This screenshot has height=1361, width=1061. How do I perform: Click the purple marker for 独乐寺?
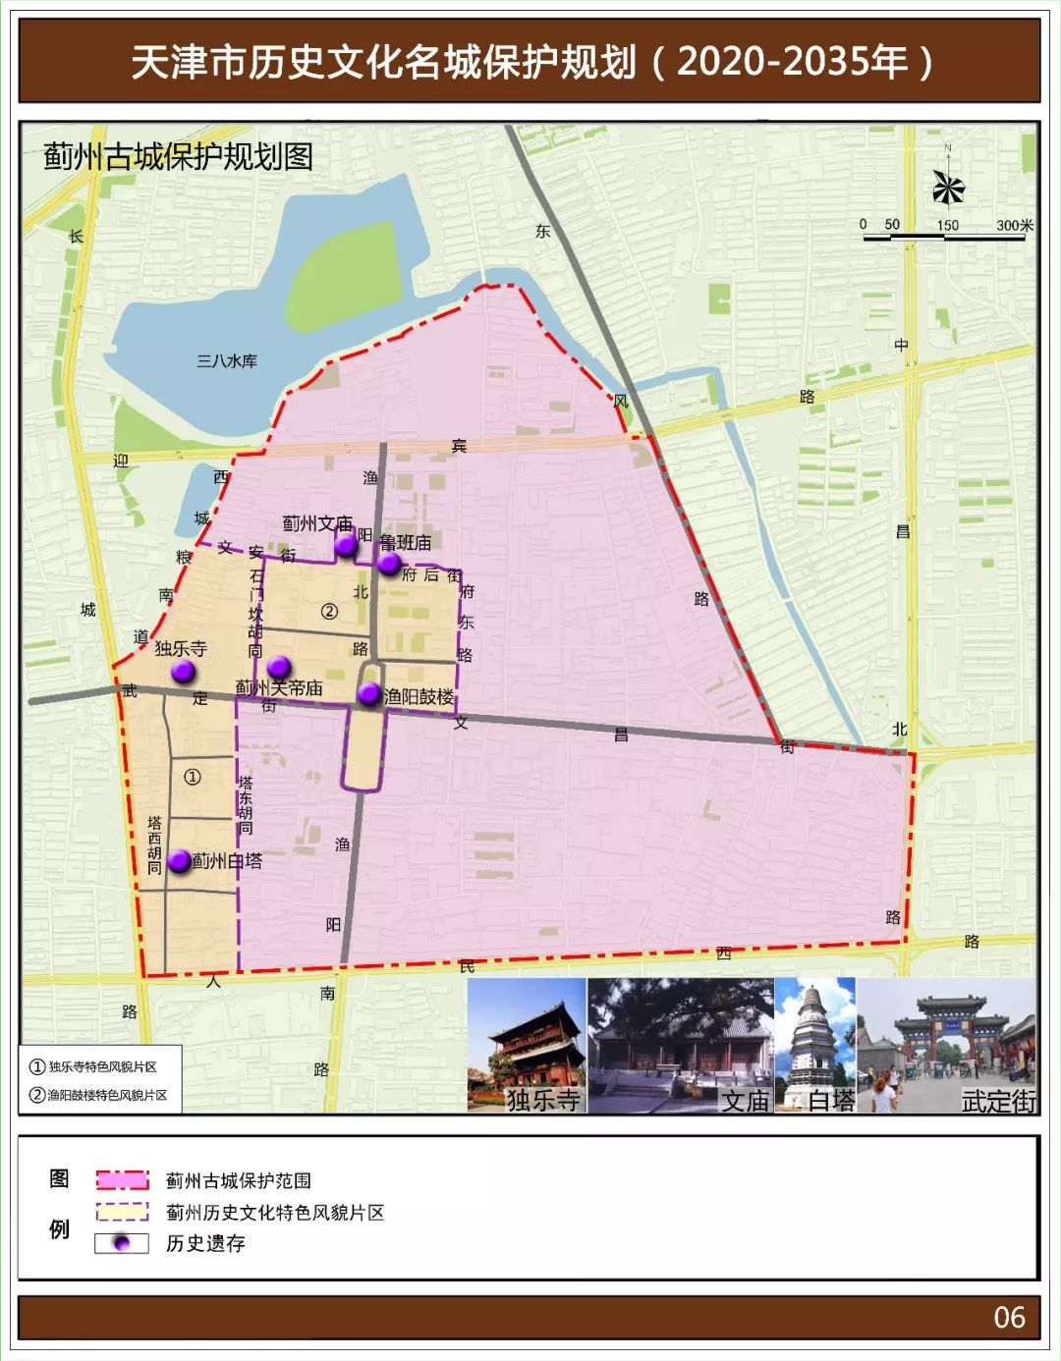click(x=182, y=672)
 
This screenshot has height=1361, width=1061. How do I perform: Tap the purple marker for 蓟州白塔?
click(x=179, y=861)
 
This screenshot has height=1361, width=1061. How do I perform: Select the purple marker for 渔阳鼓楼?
click(x=368, y=694)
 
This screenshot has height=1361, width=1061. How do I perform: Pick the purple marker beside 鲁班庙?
click(x=389, y=564)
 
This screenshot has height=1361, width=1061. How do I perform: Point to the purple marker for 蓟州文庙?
click(x=345, y=546)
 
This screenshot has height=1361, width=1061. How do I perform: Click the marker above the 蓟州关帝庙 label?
click(x=279, y=667)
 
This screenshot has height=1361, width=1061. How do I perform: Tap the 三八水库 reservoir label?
click(x=227, y=361)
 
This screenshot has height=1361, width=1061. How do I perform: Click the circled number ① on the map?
click(x=193, y=777)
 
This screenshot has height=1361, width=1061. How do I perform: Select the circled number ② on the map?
click(x=329, y=611)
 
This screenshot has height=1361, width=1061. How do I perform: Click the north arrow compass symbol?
click(x=948, y=186)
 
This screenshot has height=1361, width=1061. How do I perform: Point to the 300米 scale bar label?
click(x=1014, y=225)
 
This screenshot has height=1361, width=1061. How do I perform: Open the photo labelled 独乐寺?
click(x=527, y=1046)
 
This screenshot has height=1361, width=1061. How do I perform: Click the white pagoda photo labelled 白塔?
click(x=815, y=1046)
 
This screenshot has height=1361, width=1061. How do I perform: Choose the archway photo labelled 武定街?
click(x=947, y=1046)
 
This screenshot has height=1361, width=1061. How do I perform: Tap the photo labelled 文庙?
click(x=681, y=1046)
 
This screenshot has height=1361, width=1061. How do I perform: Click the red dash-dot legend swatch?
click(x=122, y=1180)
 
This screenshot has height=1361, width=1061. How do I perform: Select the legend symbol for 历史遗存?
click(x=122, y=1243)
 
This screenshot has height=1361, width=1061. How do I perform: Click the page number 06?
click(x=1009, y=1318)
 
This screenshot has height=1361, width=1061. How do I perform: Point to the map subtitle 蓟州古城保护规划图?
click(x=178, y=156)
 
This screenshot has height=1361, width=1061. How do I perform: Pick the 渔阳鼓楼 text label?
click(x=419, y=696)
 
